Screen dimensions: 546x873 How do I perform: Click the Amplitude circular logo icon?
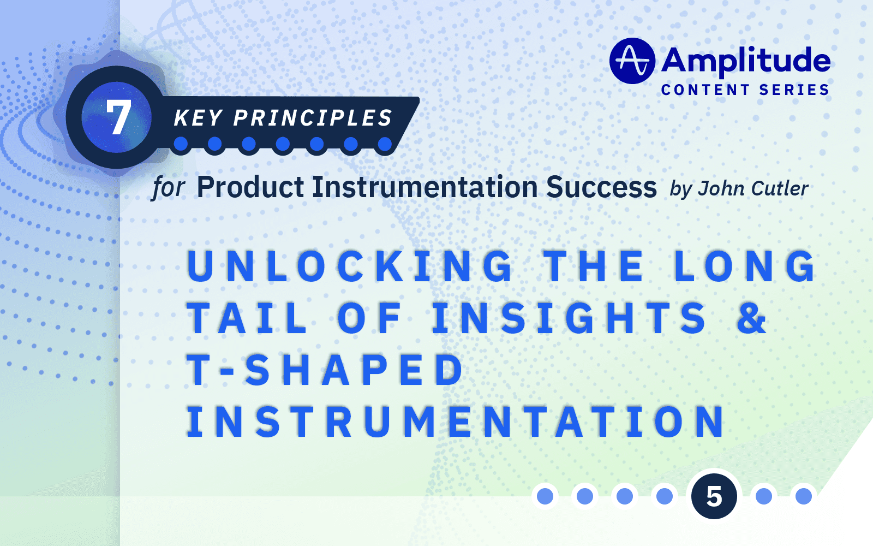(x=632, y=61)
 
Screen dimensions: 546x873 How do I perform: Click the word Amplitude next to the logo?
(x=746, y=60)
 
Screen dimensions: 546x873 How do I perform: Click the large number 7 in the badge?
(x=118, y=117)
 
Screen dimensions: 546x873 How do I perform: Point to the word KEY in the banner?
(x=198, y=118)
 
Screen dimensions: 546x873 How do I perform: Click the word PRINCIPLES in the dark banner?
(x=313, y=118)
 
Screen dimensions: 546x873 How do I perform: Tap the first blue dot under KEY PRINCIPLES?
(x=181, y=144)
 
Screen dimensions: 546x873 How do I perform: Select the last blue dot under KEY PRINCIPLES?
(x=385, y=144)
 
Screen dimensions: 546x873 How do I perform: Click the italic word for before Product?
(x=168, y=188)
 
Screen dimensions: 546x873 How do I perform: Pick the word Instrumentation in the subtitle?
(x=424, y=187)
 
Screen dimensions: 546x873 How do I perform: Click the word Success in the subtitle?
(x=601, y=187)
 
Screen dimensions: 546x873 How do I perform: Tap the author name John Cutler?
(x=753, y=188)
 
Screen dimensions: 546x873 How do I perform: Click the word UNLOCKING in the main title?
(x=349, y=266)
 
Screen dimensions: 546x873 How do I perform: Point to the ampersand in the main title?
(x=751, y=318)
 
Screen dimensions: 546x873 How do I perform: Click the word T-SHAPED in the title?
(x=325, y=370)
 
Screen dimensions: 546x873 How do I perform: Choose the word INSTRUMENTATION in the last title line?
(x=456, y=422)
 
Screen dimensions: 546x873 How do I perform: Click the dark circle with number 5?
(x=714, y=496)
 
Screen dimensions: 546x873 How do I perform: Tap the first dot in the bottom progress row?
(x=545, y=496)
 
